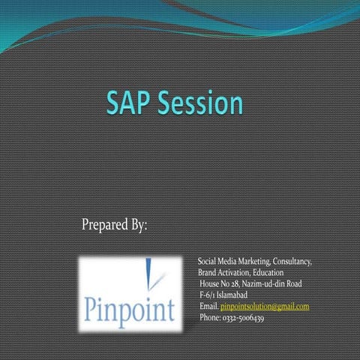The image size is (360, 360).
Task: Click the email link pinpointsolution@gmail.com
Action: pyautogui.click(x=265, y=307)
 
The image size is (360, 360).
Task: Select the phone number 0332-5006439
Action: pyautogui.click(x=243, y=318)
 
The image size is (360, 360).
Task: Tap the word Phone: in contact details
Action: pyautogui.click(x=210, y=318)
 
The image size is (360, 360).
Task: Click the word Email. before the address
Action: pyautogui.click(x=208, y=307)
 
